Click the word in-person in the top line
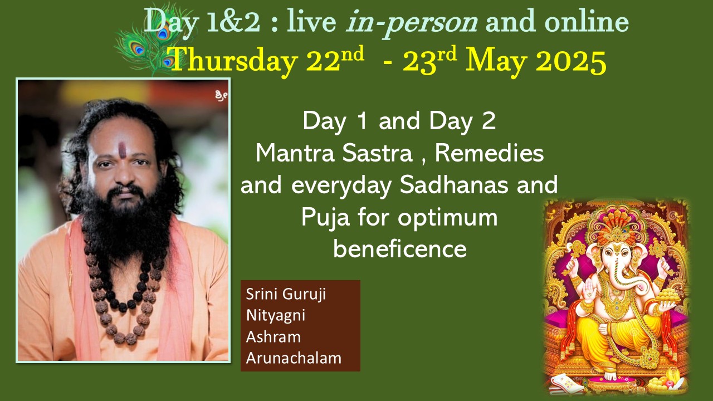pos(412,22)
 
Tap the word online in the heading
pos(587,21)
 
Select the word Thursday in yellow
pos(234,61)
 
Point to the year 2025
pos(571,61)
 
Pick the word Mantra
pos(295,153)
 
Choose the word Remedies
pos(489,153)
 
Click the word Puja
pos(325,218)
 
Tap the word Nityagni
pos(276,316)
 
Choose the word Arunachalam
pos(294,358)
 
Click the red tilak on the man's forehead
pos(122,150)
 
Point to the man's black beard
pos(126,223)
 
